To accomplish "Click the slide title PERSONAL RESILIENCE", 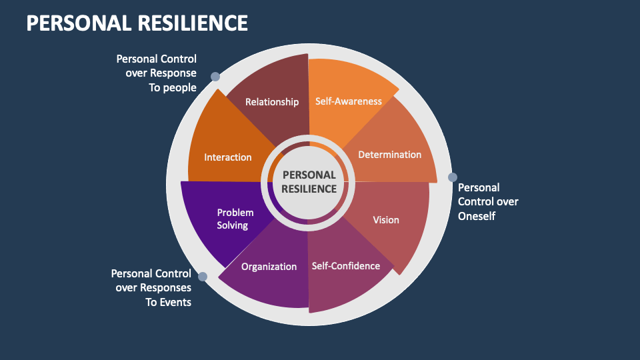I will [x=137, y=23].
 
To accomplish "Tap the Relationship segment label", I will [x=272, y=102].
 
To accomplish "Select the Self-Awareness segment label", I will [x=349, y=101].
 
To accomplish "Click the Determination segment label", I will [x=390, y=155].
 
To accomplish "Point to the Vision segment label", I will [x=386, y=220].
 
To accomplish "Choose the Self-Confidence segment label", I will [x=346, y=266].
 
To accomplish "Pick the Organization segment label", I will [x=269, y=267].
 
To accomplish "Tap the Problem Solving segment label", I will [x=235, y=219].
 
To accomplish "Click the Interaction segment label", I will [x=228, y=157].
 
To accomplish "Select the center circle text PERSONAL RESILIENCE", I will [x=309, y=181].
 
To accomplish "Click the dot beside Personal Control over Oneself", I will [x=453, y=177].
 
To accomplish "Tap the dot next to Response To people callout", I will [x=215, y=77].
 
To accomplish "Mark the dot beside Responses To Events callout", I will [x=203, y=276].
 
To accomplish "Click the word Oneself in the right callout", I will [x=477, y=216].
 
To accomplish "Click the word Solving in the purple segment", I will [x=233, y=225].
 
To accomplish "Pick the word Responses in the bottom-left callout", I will [x=169, y=288].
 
